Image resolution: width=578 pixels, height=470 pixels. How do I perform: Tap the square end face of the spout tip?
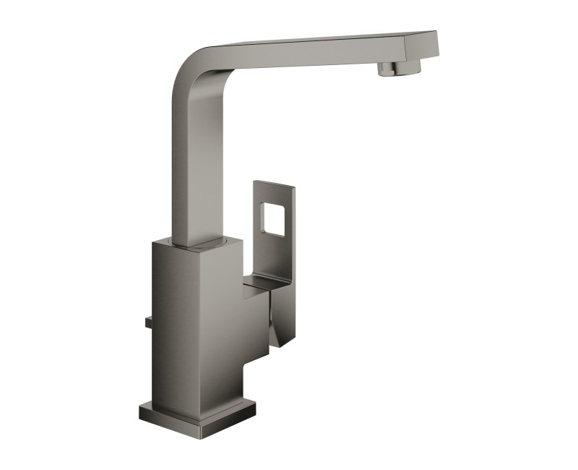(430, 43)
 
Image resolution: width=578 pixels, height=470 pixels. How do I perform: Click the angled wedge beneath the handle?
(278, 318)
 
